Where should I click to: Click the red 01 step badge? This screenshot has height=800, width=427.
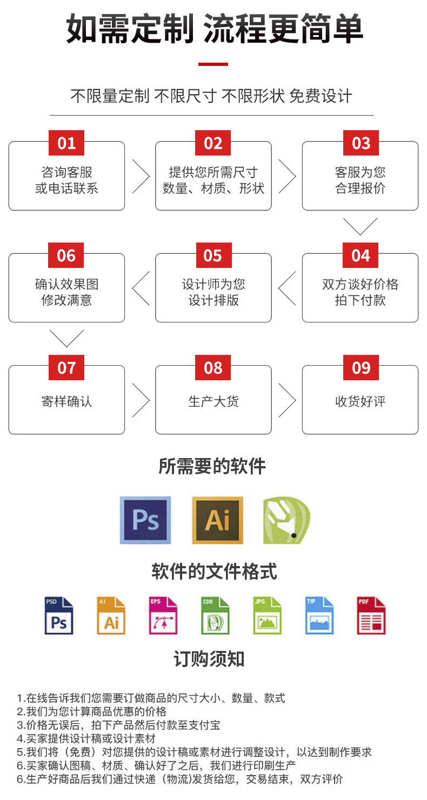(66, 143)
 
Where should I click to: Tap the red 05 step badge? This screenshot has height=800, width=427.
(213, 256)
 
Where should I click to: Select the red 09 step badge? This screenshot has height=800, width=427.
(361, 368)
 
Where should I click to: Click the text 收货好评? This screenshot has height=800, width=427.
(360, 401)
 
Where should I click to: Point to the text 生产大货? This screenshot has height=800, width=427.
(213, 401)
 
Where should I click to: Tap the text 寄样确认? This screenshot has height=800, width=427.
(66, 401)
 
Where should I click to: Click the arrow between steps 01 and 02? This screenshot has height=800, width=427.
(141, 176)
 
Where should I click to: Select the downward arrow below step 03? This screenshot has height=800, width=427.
(360, 226)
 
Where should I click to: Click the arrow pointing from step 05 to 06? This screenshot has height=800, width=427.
(141, 288)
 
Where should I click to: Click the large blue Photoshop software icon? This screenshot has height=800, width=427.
(145, 520)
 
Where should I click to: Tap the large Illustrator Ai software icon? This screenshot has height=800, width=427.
(217, 520)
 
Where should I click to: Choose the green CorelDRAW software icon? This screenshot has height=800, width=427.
(286, 520)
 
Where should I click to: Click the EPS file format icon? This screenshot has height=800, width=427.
(163, 615)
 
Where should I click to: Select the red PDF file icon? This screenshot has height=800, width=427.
(371, 615)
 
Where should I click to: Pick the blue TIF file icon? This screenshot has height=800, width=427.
(319, 615)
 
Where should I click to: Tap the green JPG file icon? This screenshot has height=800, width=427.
(267, 615)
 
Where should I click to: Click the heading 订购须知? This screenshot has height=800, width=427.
(209, 659)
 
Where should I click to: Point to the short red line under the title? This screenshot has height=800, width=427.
(213, 64)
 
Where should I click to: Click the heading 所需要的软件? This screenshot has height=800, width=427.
(212, 466)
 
